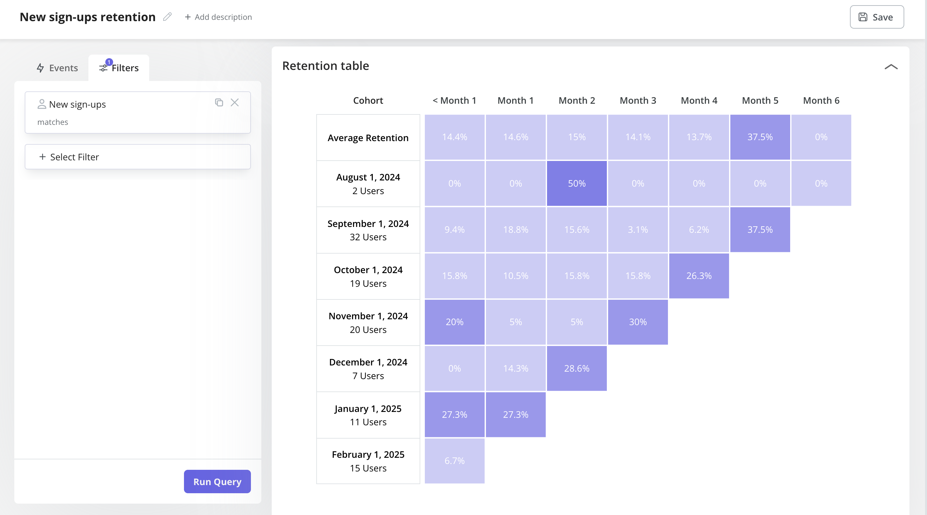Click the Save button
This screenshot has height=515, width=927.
pyautogui.click(x=876, y=17)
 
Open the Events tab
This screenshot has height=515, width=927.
pyautogui.click(x=58, y=68)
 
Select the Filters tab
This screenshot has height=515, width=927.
pyautogui.click(x=119, y=68)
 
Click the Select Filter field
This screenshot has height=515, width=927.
pyautogui.click(x=137, y=157)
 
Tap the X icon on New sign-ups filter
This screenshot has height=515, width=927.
pyautogui.click(x=235, y=102)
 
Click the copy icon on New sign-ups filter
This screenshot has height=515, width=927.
pyautogui.click(x=219, y=102)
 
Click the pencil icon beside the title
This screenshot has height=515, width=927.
pyautogui.click(x=167, y=17)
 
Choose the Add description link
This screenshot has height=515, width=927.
pyautogui.click(x=218, y=17)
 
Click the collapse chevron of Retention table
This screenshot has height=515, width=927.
pyautogui.click(x=891, y=67)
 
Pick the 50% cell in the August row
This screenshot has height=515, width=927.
pyautogui.click(x=577, y=183)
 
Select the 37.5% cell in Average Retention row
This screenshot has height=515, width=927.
pyautogui.click(x=760, y=137)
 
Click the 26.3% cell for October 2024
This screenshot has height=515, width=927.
pyautogui.click(x=699, y=276)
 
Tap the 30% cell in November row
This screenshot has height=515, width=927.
pyautogui.click(x=637, y=322)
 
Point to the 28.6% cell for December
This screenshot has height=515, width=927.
pyautogui.click(x=577, y=368)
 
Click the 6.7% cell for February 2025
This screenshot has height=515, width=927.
pyautogui.click(x=454, y=461)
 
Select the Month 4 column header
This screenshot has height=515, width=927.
pyautogui.click(x=699, y=100)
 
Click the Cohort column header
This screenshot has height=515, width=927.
pyautogui.click(x=368, y=100)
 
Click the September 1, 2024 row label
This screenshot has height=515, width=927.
pyautogui.click(x=368, y=230)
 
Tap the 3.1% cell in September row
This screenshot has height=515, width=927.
pyautogui.click(x=637, y=230)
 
